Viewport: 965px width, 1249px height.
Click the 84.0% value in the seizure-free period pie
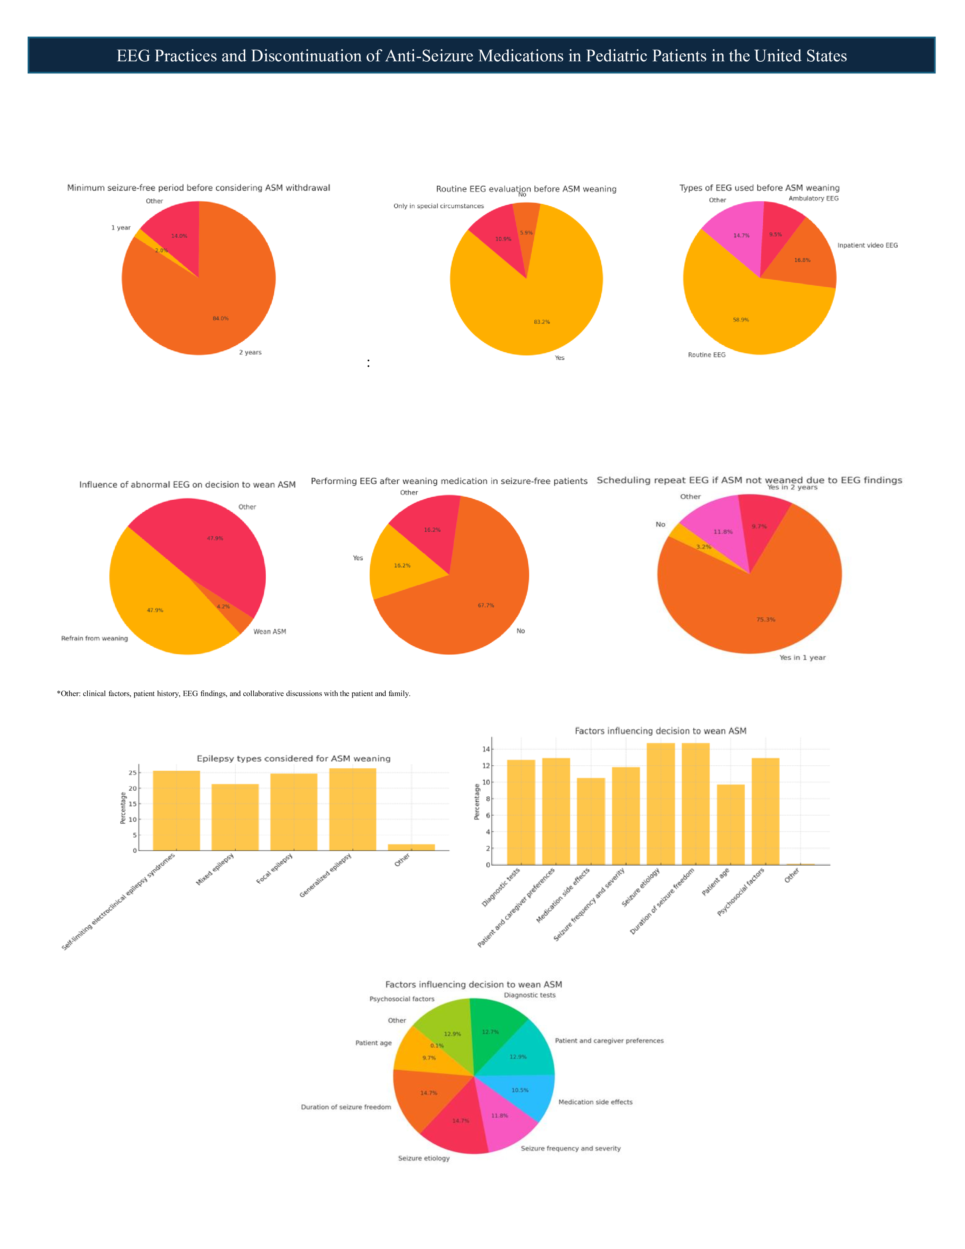[x=221, y=319]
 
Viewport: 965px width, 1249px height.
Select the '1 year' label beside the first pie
[x=121, y=227]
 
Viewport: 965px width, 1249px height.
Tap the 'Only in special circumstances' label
[x=439, y=206]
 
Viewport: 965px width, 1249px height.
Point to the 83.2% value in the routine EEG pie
[x=542, y=322]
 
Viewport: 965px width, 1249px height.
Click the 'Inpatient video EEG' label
[x=867, y=245]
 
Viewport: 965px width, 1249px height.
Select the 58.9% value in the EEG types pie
[x=741, y=320]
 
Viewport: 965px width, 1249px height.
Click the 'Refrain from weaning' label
[x=94, y=638]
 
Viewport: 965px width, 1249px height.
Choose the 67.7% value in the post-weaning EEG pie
[x=486, y=606]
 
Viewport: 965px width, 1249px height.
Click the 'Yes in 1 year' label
[x=802, y=658]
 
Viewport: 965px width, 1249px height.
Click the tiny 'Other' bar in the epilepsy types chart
[x=411, y=847]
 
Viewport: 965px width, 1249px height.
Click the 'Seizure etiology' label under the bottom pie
[x=423, y=1158]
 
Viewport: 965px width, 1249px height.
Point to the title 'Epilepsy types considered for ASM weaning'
[x=293, y=758]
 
